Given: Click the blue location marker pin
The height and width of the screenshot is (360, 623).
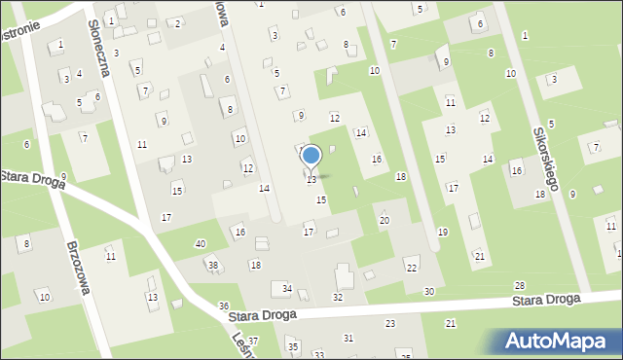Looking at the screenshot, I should [x=311, y=157].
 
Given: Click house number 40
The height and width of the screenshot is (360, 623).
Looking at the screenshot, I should [x=200, y=243].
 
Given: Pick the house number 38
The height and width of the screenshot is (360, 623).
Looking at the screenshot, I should [x=212, y=265].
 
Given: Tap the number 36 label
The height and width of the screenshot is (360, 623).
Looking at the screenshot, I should [x=223, y=306].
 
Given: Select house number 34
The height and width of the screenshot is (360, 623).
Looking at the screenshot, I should [x=287, y=288].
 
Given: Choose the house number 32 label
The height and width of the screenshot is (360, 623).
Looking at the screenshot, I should [x=338, y=297].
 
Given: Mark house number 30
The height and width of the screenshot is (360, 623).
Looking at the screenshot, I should [x=428, y=292].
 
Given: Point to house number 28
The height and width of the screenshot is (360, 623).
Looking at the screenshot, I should [x=519, y=285].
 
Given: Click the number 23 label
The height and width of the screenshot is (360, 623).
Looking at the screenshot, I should [x=390, y=322].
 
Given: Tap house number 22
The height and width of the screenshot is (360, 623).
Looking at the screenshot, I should [x=412, y=268].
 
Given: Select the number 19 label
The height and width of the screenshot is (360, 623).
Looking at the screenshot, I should [x=442, y=232].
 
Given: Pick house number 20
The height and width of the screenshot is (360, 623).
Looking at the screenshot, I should [x=384, y=220].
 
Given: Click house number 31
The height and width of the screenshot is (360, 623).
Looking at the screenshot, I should [x=348, y=338].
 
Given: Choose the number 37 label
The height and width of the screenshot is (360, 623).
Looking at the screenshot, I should [x=253, y=341].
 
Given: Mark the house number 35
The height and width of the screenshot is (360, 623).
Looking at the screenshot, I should [x=292, y=346].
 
